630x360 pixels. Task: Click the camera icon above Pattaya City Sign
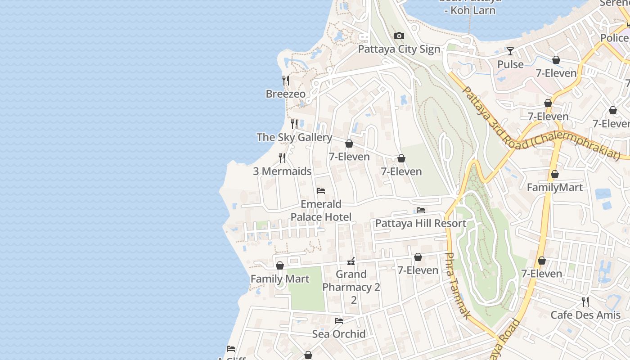click(x=399, y=36)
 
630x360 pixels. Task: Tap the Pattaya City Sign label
click(x=399, y=49)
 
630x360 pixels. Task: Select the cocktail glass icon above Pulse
click(x=510, y=51)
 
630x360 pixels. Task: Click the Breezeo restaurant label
click(x=285, y=94)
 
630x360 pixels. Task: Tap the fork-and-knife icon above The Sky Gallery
click(x=294, y=123)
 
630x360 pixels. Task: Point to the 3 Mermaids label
click(x=282, y=171)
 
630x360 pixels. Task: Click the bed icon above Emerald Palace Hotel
click(x=321, y=191)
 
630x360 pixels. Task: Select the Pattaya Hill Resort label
click(x=420, y=223)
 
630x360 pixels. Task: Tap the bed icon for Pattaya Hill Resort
click(x=421, y=210)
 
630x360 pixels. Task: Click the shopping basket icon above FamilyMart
click(x=555, y=174)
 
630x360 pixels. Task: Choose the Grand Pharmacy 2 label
click(x=351, y=281)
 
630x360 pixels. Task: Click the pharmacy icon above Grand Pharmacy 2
click(x=351, y=261)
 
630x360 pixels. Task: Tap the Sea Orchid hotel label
click(x=338, y=334)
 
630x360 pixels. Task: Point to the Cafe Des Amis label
click(x=585, y=315)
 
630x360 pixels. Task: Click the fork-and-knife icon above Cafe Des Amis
click(x=585, y=301)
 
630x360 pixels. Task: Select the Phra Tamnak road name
click(x=457, y=286)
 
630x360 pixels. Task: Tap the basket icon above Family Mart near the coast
click(x=280, y=265)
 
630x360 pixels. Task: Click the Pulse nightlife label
click(x=510, y=64)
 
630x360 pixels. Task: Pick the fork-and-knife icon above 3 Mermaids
click(x=282, y=158)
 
